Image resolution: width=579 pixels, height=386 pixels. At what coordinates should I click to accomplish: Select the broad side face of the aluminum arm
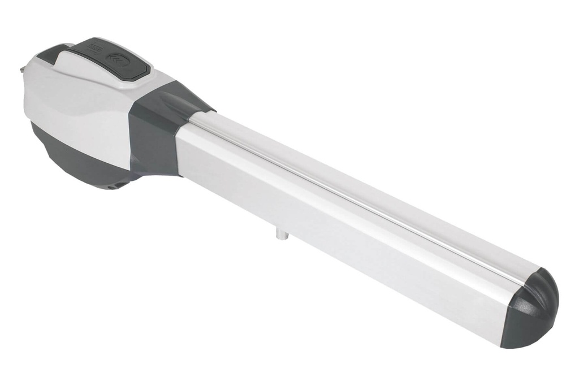(339, 237)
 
